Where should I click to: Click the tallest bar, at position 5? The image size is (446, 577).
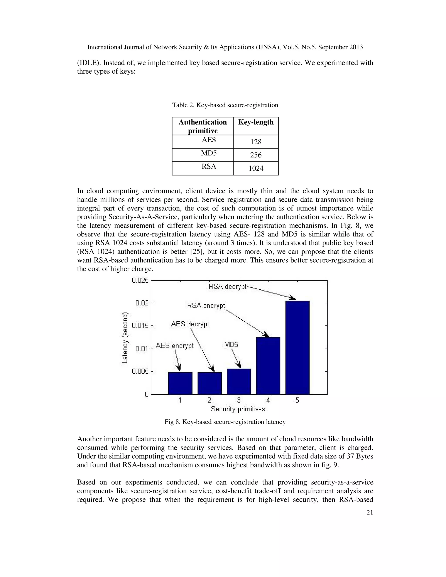coord(297,348)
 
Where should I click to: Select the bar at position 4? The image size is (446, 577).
coord(268,366)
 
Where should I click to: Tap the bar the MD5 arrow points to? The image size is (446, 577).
coord(239,381)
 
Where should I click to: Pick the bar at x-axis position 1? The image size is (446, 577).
coord(180,383)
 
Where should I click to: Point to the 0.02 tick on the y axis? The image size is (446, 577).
coord(142,303)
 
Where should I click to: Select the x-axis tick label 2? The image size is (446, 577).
coord(209,400)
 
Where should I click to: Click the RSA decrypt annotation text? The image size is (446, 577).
coord(228,287)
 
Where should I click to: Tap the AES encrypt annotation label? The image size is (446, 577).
coord(175,346)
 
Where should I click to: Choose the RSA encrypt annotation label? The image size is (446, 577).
coord(206,306)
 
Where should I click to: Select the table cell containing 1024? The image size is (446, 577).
coord(256,168)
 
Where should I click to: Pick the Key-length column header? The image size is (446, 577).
coord(256,122)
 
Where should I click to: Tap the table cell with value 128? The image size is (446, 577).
coord(256,142)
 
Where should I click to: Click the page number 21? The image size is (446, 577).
coord(370,513)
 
